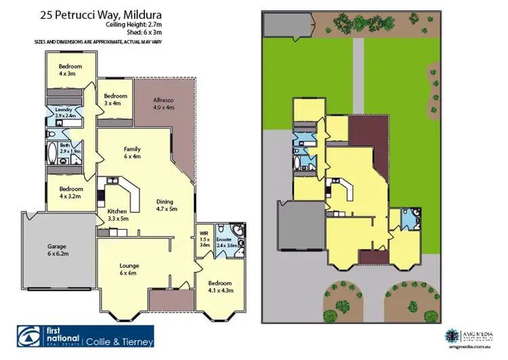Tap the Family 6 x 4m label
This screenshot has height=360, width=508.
131,152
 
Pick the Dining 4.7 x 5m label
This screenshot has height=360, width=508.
166,205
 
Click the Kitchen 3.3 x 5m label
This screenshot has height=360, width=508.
118,215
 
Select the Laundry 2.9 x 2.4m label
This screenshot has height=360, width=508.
64,112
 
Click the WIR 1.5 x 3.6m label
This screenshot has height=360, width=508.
205,240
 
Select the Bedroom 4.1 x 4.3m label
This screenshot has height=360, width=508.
219,286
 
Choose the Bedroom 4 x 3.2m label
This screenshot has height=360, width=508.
70,192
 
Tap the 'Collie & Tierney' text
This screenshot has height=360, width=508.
119,340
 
